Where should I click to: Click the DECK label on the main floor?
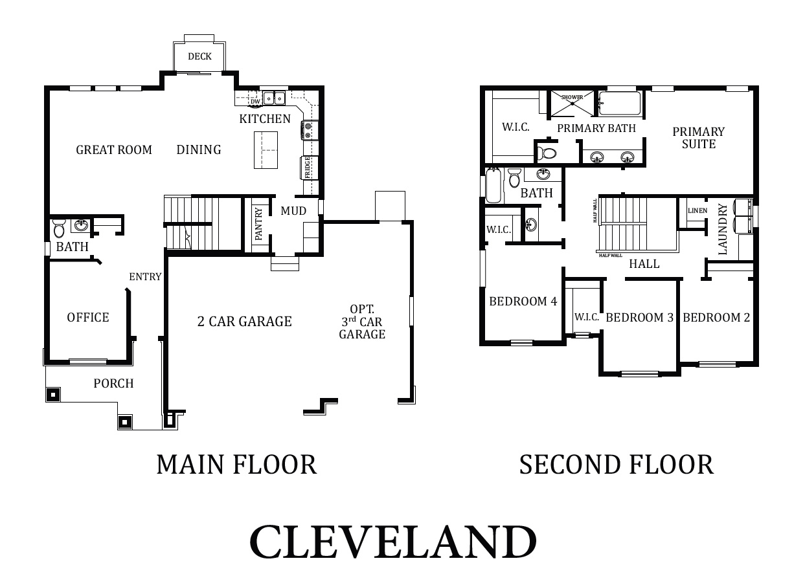199,56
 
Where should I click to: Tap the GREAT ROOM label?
114,149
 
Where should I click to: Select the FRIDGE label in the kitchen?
308,168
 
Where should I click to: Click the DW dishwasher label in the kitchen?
255,101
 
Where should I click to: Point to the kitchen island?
266,149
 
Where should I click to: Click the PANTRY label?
258,224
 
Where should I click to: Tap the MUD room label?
293,211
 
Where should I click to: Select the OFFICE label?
88,317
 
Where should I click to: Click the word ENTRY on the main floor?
145,277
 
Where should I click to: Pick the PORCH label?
113,383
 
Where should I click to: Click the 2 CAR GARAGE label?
244,321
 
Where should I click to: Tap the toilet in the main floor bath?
59,228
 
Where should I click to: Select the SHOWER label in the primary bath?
572,97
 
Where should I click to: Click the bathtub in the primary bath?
619,103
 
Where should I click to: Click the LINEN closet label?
697,210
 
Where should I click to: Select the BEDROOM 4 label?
523,301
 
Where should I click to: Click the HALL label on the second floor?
644,263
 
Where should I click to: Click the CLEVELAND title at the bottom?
393,542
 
